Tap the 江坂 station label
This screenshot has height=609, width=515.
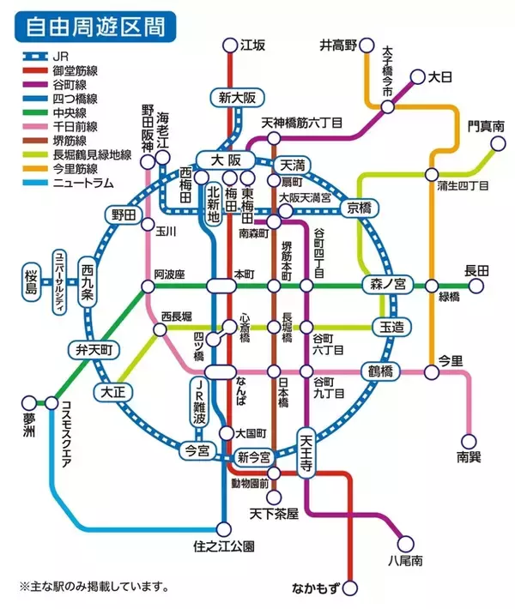(x=253, y=45)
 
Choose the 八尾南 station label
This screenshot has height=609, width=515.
(x=403, y=562)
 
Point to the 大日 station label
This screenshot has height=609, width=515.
(x=439, y=77)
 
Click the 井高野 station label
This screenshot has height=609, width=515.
(x=336, y=45)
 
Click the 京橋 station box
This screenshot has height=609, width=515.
(x=355, y=208)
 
